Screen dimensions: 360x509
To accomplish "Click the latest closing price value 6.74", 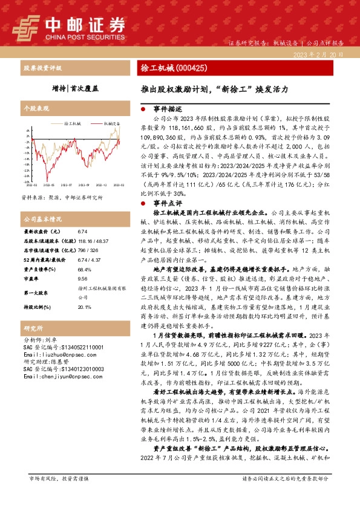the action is coord(83,232).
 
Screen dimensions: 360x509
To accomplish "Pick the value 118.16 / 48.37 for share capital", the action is coord(90,240).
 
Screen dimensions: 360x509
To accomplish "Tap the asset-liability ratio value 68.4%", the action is coord(84,270).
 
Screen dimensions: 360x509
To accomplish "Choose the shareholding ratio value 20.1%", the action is coord(84,307).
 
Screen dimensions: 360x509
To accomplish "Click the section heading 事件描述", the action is coord(166,109).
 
